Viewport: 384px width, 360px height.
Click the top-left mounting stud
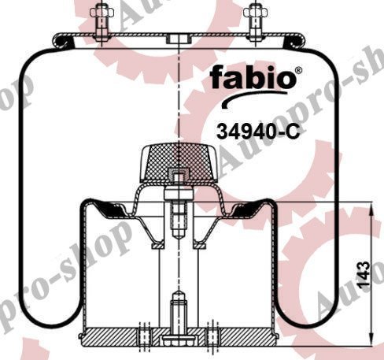coord(102,20)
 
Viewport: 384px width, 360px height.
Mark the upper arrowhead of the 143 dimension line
coord(371,206)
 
